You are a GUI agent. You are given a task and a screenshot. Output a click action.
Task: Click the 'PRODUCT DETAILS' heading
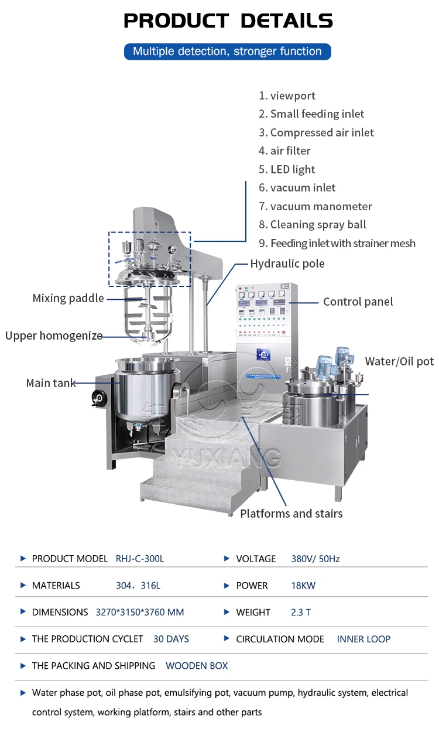pyautogui.click(x=228, y=21)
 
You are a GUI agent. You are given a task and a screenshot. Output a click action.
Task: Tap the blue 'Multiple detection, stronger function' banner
pyautogui.click(x=227, y=52)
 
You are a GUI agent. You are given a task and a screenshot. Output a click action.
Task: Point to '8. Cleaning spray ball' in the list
pyautogui.click(x=313, y=225)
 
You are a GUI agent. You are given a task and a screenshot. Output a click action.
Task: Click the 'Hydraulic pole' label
pyautogui.click(x=287, y=264)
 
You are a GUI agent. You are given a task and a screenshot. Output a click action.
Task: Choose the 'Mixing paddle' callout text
pyautogui.click(x=68, y=299)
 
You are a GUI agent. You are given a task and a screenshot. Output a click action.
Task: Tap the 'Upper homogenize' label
pyautogui.click(x=54, y=336)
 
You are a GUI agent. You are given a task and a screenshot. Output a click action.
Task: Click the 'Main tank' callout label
pyautogui.click(x=50, y=384)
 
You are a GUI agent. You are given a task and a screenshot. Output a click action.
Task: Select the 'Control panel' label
pyautogui.click(x=358, y=302)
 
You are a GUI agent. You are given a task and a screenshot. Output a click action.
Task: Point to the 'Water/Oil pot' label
pyautogui.click(x=399, y=361)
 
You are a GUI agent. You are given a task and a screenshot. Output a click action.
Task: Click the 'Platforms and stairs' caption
pyautogui.click(x=291, y=514)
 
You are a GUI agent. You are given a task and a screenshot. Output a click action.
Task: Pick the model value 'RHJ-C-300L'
pyautogui.click(x=140, y=559)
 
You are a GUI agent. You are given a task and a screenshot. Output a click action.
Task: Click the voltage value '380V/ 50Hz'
pyautogui.click(x=315, y=559)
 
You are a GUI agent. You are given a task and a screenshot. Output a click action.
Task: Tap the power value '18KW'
pyautogui.click(x=303, y=586)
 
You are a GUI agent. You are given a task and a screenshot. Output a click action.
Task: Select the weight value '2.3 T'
pyautogui.click(x=301, y=613)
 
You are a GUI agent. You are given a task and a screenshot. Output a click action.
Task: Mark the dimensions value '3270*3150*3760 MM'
pyautogui.click(x=139, y=613)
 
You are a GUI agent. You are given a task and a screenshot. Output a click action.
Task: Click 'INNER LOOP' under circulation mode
pyautogui.click(x=363, y=639)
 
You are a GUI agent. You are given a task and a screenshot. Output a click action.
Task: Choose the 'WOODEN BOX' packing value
pyautogui.click(x=197, y=666)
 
